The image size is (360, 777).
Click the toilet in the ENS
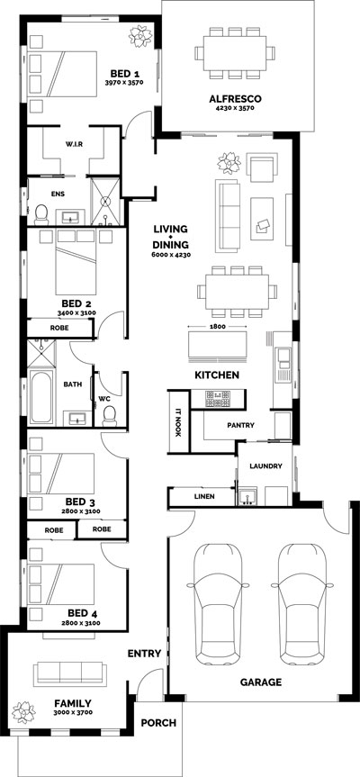pos(40,212)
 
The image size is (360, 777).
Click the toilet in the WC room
pos(110,415)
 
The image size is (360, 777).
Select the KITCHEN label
pos(217,374)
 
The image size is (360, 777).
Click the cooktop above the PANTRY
pos(219,396)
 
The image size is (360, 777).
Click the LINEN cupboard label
pos(203,496)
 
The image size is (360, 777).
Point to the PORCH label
pos(159,722)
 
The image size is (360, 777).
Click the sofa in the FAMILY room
pos(68,673)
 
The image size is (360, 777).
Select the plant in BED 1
pos(140,36)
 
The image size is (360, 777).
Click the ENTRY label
pos(144,654)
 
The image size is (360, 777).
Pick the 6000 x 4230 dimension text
pos(170,257)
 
